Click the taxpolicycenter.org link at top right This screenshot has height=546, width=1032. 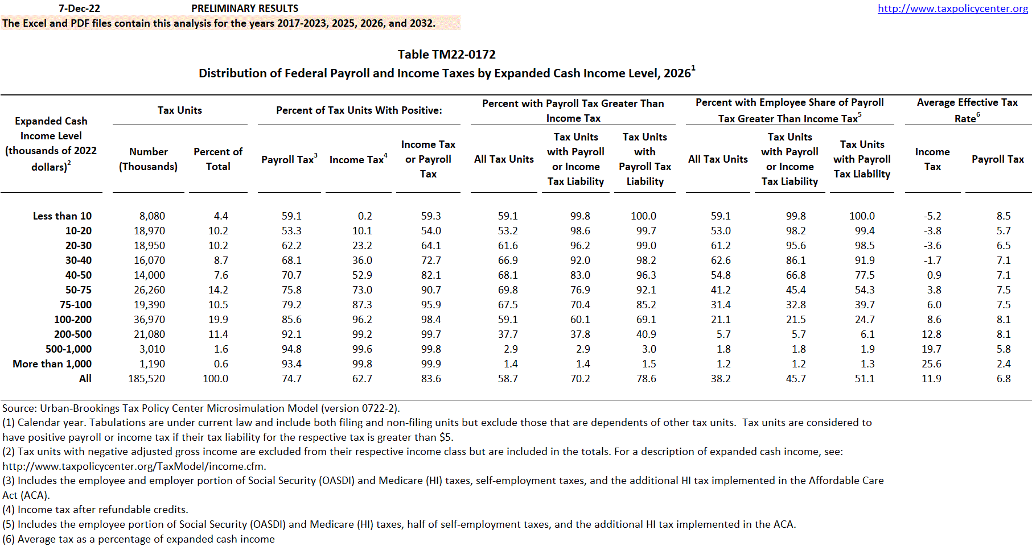(952, 9)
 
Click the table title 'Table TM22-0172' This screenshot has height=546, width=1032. (446, 55)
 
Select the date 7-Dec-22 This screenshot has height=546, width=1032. (79, 9)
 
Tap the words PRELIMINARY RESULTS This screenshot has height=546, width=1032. (245, 9)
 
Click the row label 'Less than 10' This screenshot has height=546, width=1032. (62, 216)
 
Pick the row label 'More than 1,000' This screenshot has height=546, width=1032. (52, 364)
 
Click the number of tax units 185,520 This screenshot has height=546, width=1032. (146, 379)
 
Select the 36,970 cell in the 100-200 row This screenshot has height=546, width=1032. (149, 320)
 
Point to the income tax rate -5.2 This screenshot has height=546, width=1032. (932, 216)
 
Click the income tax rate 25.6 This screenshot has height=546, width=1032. (932, 364)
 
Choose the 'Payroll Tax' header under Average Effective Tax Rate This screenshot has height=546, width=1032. (997, 159)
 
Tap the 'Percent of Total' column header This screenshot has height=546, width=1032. (218, 159)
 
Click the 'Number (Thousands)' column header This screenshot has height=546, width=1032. (148, 159)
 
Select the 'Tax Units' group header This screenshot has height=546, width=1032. (180, 110)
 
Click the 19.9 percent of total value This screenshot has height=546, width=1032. (218, 320)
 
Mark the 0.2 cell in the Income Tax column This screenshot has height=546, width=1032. (365, 216)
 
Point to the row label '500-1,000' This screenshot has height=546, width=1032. (68, 349)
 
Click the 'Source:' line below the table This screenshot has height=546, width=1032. (201, 408)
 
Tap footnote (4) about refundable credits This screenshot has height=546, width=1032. (95, 510)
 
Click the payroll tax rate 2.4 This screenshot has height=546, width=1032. (1004, 364)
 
